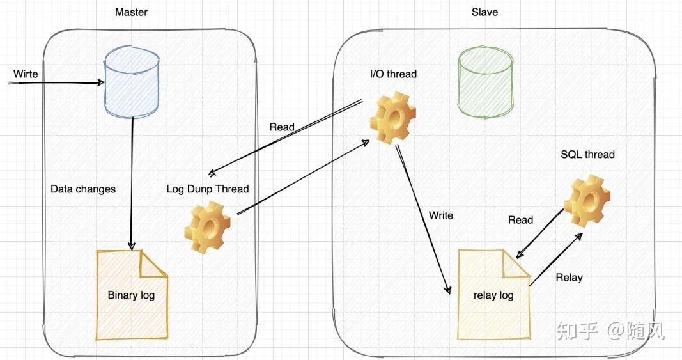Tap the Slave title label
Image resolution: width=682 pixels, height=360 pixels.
pyautogui.click(x=484, y=12)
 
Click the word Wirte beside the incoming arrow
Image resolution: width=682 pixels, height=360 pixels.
pyautogui.click(x=26, y=74)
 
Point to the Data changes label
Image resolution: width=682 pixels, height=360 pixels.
pyautogui.click(x=83, y=189)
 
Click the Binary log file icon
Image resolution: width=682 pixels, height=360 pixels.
pyautogui.click(x=132, y=295)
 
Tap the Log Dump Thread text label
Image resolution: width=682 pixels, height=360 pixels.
pyautogui.click(x=207, y=189)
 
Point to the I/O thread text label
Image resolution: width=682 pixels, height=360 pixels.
pyautogui.click(x=393, y=74)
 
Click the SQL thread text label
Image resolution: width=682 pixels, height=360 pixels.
pyautogui.click(x=587, y=154)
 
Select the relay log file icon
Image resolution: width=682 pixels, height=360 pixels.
pyautogui.click(x=493, y=295)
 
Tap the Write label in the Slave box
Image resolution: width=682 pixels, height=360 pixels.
pyautogui.click(x=441, y=215)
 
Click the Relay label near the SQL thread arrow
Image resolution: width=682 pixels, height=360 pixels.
pyautogui.click(x=569, y=277)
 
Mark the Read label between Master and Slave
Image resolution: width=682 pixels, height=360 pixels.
pyautogui.click(x=282, y=127)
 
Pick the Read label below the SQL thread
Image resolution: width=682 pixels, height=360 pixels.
pyautogui.click(x=520, y=220)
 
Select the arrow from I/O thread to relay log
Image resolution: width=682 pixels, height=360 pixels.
pyautogui.click(x=422, y=217)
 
